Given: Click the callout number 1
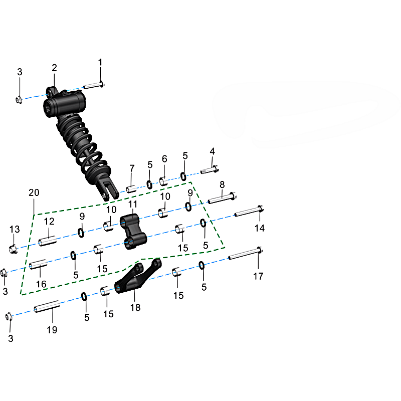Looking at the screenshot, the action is click(100, 62).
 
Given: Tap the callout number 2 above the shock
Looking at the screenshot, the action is click(54, 68).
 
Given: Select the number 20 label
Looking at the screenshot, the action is click(34, 192).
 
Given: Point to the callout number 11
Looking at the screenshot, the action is click(133, 204).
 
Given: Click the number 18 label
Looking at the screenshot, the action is click(135, 307).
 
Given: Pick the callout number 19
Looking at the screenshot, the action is click(52, 330).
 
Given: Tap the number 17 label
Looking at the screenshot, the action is click(258, 276).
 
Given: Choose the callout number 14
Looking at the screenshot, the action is click(260, 228).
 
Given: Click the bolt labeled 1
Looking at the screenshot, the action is click(94, 85).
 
